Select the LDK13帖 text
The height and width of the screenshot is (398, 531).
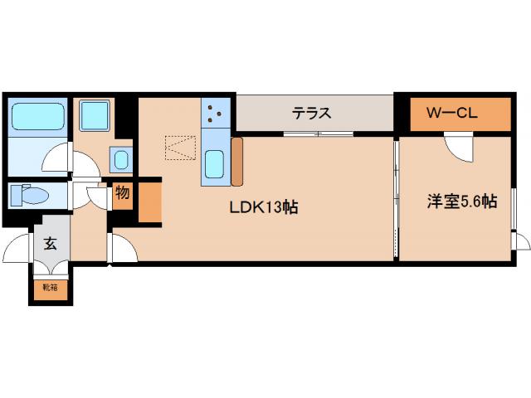point(263,207)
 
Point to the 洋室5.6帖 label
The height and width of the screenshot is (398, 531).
point(462,201)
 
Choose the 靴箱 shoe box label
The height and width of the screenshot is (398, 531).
point(50,288)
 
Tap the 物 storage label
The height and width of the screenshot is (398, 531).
point(122,194)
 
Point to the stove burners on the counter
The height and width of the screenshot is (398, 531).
point(216,114)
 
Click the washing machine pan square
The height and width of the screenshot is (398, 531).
point(95,116)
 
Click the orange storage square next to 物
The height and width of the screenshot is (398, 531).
point(149,201)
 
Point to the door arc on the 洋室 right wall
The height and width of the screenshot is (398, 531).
point(521,242)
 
